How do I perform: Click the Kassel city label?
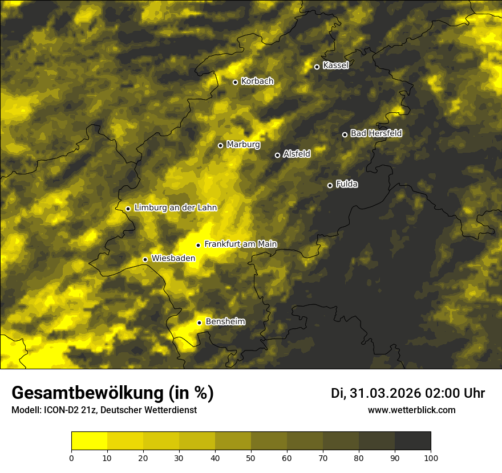pyautogui.click(x=335, y=66)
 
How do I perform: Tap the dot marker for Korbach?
pyautogui.click(x=235, y=82)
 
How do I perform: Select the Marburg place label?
pyautogui.click(x=243, y=145)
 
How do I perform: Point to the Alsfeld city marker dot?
pyautogui.click(x=278, y=155)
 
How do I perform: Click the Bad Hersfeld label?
pyautogui.click(x=376, y=133)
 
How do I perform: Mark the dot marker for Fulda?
pyautogui.click(x=330, y=185)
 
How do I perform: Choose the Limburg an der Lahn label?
pyautogui.click(x=176, y=208)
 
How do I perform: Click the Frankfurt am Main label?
pyautogui.click(x=240, y=244)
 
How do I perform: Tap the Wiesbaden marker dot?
pyautogui.click(x=145, y=260)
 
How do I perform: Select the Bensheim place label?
pyautogui.click(x=225, y=322)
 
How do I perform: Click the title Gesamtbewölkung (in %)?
pyautogui.click(x=112, y=393)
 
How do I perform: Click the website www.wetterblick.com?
pyautogui.click(x=411, y=410)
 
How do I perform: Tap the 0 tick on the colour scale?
pyautogui.click(x=71, y=458)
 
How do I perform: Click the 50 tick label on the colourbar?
pyautogui.click(x=251, y=458)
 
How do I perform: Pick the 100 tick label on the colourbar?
pyautogui.click(x=431, y=458)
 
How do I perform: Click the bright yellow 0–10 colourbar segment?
pyautogui.click(x=89, y=441)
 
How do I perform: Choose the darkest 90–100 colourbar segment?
pyautogui.click(x=412, y=441)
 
